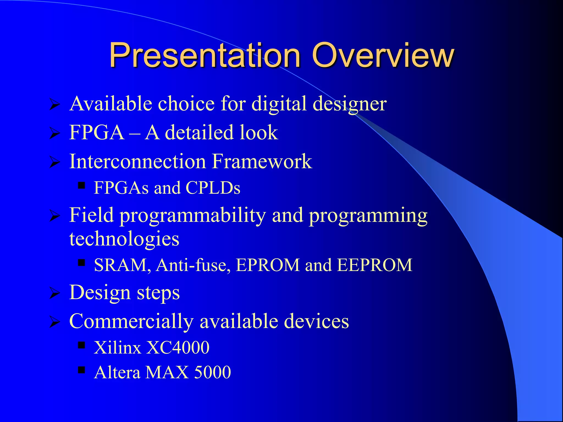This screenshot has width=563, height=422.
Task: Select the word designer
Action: point(350,104)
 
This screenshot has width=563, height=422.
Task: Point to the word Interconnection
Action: point(137,161)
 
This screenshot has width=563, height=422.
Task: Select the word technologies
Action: point(124,239)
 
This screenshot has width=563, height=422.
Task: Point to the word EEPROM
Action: point(374,265)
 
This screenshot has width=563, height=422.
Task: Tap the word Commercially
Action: point(131,321)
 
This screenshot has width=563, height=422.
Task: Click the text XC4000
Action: point(178,348)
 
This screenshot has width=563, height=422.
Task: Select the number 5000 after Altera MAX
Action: point(212,373)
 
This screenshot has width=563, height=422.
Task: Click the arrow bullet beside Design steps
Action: point(55,293)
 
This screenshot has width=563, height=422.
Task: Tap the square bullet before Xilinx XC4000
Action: point(81,345)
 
